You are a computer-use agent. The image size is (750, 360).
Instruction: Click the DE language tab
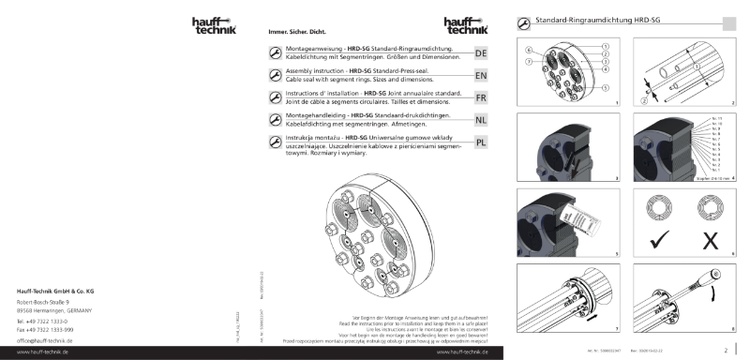[480, 53]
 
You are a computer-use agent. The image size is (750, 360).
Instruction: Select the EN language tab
[480, 76]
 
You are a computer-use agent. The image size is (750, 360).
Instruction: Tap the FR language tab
[480, 98]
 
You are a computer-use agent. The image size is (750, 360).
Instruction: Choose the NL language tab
[480, 121]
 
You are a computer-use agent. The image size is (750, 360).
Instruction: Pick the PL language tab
[480, 142]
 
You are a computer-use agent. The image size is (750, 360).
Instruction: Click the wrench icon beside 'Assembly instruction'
[262, 75]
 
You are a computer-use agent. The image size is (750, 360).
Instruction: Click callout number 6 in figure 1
[530, 49]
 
